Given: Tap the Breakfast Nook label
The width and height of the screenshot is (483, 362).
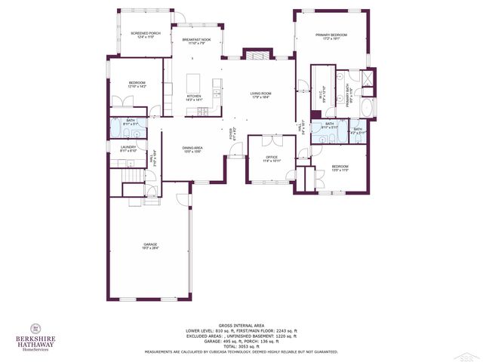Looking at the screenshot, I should [x=196, y=41].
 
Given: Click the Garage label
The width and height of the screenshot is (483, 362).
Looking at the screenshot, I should [x=151, y=246].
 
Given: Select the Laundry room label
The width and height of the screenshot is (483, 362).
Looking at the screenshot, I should [x=128, y=149].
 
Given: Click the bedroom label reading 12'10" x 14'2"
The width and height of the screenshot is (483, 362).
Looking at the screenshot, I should [x=137, y=84].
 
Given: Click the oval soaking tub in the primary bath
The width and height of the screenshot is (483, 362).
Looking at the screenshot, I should [x=368, y=110].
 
